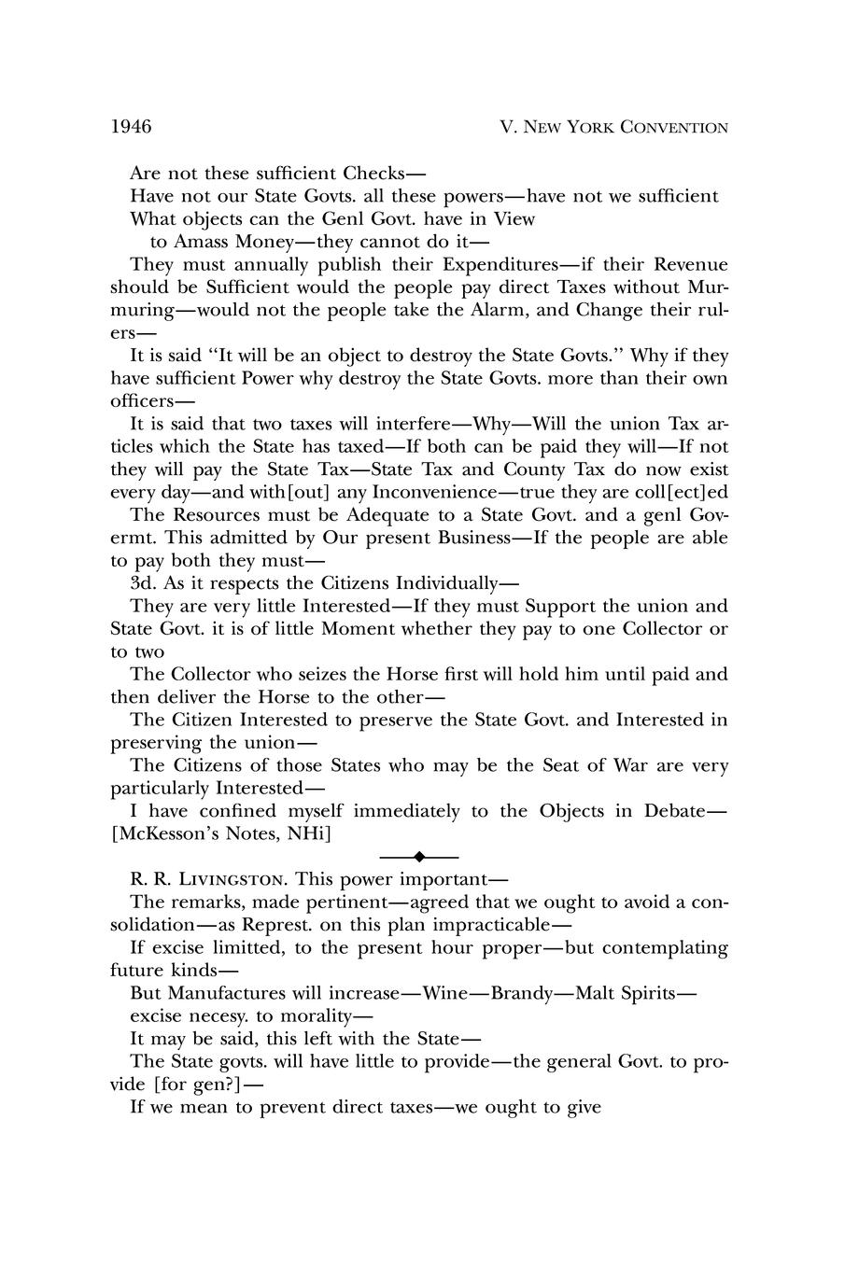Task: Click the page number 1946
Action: tap(131, 126)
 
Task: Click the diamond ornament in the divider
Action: tap(419, 856)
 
